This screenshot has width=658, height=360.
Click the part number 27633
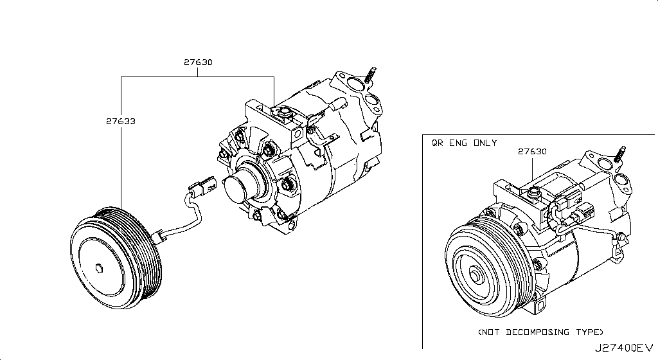120,120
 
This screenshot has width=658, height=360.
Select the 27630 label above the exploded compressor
197,62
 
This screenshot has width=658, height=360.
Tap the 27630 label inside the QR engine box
532,152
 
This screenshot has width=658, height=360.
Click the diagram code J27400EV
623,348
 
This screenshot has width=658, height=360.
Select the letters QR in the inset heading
436,143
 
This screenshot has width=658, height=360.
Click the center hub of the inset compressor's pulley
475,276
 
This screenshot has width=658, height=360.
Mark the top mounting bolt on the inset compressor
533,192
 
